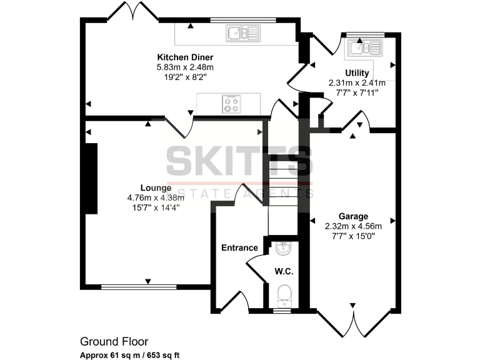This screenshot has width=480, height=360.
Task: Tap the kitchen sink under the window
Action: [x=243, y=33]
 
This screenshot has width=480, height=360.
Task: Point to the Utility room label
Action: [x=357, y=72]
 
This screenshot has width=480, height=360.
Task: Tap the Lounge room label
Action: [x=156, y=187]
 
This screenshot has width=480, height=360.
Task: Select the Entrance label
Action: [x=239, y=247]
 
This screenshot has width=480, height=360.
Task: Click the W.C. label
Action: [x=284, y=272]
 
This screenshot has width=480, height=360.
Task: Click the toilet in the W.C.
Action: [x=282, y=294]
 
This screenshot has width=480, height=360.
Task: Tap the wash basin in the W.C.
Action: [x=282, y=248]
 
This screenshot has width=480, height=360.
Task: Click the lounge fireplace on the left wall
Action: [x=91, y=179]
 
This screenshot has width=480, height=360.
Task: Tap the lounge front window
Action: [x=139, y=287]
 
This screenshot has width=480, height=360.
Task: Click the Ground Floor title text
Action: [x=114, y=341]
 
